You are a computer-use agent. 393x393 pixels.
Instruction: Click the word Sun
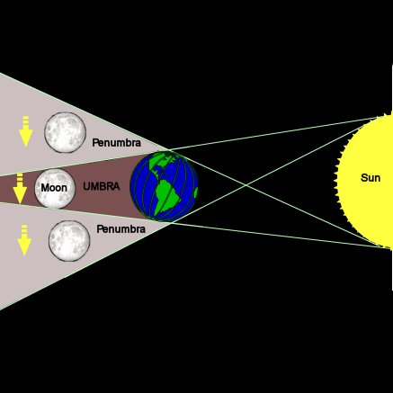[x=371, y=178]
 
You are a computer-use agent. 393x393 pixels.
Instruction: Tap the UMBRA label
[x=102, y=186]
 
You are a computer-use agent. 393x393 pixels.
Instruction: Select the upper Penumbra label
[x=116, y=143]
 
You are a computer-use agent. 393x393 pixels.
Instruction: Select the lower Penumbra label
[x=121, y=229]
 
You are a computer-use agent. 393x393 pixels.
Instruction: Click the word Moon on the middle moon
[x=54, y=188]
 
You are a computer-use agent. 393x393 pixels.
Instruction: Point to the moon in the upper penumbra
[x=66, y=132]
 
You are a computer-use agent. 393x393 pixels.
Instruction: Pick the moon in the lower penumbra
[x=69, y=241]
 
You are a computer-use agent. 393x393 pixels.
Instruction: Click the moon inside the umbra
[x=55, y=189]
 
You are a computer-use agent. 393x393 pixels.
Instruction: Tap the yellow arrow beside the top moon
[x=26, y=131]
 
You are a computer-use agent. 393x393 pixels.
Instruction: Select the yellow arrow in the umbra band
[x=20, y=189]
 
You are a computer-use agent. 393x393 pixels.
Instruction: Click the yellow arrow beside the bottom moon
[x=24, y=240]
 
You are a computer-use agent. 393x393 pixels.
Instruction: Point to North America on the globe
[x=162, y=164]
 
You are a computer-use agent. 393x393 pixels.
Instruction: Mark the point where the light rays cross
[x=246, y=185]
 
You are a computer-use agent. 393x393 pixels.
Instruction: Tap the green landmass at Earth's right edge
[x=196, y=192]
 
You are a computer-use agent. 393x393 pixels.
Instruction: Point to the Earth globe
[x=164, y=186]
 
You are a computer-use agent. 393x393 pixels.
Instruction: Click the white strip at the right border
[x=392, y=177]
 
